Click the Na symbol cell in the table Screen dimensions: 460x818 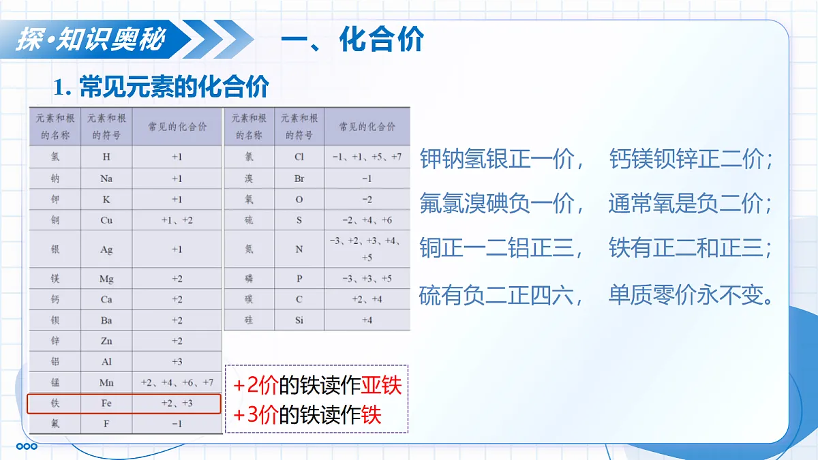coord(106,179)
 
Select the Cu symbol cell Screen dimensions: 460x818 coord(106,220)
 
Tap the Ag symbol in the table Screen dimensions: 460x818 coord(106,249)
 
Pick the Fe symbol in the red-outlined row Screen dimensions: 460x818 coord(106,403)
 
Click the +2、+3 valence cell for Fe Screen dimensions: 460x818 coord(177,403)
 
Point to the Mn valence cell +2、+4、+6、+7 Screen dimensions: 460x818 coord(177,382)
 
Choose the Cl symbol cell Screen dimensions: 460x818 coord(299,157)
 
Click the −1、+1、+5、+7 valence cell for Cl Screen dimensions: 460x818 coord(367,157)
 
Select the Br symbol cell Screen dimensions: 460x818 coord(299,179)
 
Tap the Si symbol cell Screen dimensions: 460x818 coord(299,320)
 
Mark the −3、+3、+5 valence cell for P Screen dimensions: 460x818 coord(367,279)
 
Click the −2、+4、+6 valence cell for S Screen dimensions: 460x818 coord(367,220)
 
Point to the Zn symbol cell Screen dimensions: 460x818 coord(106,341)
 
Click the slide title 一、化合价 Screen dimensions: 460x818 coord(352,40)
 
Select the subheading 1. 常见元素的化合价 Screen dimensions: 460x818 coord(162,87)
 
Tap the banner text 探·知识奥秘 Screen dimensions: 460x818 coord(91,40)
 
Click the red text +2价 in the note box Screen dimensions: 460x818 coord(256,386)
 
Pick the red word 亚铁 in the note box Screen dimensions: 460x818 coord(381,386)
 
